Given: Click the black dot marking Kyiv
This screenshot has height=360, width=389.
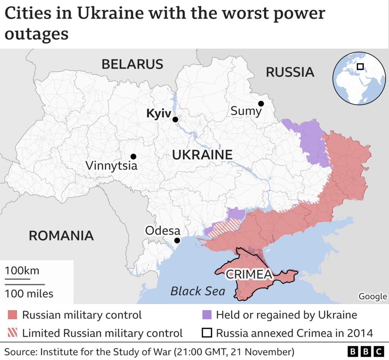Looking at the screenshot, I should click(x=175, y=119).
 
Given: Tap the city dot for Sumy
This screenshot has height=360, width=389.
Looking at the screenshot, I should click(x=261, y=104).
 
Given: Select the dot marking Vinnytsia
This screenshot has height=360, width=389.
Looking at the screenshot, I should click(x=133, y=156).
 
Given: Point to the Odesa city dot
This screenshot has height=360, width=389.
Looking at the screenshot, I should click(x=177, y=240).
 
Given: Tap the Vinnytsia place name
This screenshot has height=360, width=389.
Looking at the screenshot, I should click(x=111, y=166).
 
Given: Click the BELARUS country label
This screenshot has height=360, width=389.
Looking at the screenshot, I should click(x=132, y=64).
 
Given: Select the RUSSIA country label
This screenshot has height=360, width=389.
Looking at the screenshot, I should click(x=290, y=72).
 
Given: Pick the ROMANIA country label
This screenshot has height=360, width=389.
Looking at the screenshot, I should click(x=61, y=236).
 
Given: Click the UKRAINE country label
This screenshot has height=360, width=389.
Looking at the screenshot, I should click(x=202, y=155).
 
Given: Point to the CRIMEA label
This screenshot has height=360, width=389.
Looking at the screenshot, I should click(x=249, y=274).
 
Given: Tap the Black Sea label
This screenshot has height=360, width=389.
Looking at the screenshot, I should click(x=198, y=291).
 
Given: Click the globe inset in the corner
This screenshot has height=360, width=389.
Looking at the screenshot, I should click(x=359, y=79).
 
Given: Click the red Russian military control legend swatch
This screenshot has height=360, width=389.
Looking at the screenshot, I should click(x=13, y=315).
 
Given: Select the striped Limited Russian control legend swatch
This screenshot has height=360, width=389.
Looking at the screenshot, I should click(x=13, y=333).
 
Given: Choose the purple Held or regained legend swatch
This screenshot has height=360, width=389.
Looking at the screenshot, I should click(x=206, y=315).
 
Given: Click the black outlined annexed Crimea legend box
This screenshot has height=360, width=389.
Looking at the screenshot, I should click(x=206, y=333).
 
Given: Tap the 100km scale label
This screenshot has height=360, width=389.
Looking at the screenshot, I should click(x=22, y=271).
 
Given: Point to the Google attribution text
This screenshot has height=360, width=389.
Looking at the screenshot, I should click(x=373, y=296).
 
